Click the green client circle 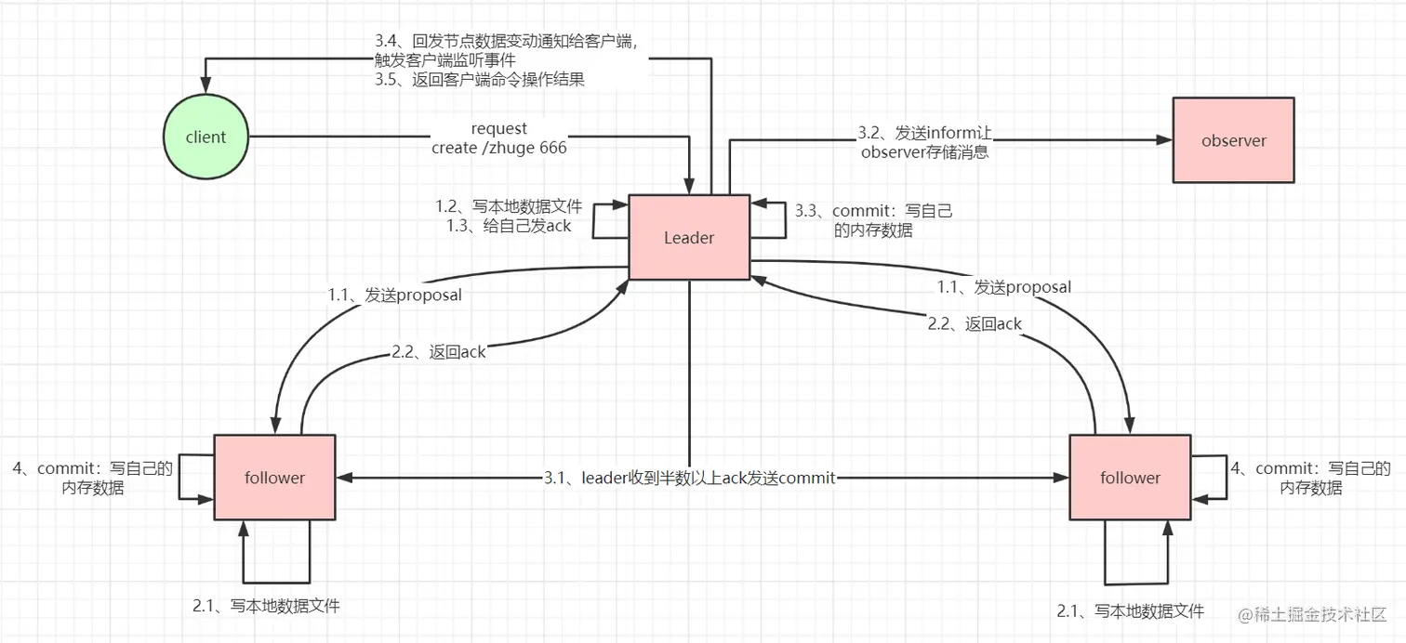click(x=206, y=138)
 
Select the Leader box click(x=689, y=237)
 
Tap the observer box click(x=1233, y=140)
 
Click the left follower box click(x=274, y=478)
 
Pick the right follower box click(x=1130, y=478)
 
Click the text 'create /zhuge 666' click(x=499, y=148)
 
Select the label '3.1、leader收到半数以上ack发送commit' click(x=689, y=478)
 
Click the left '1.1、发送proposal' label click(x=395, y=295)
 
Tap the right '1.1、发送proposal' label click(x=1005, y=287)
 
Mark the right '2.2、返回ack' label click(x=975, y=324)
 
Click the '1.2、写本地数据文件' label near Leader click(x=509, y=207)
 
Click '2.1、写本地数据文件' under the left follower click(x=266, y=606)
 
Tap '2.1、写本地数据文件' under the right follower click(x=1130, y=610)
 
